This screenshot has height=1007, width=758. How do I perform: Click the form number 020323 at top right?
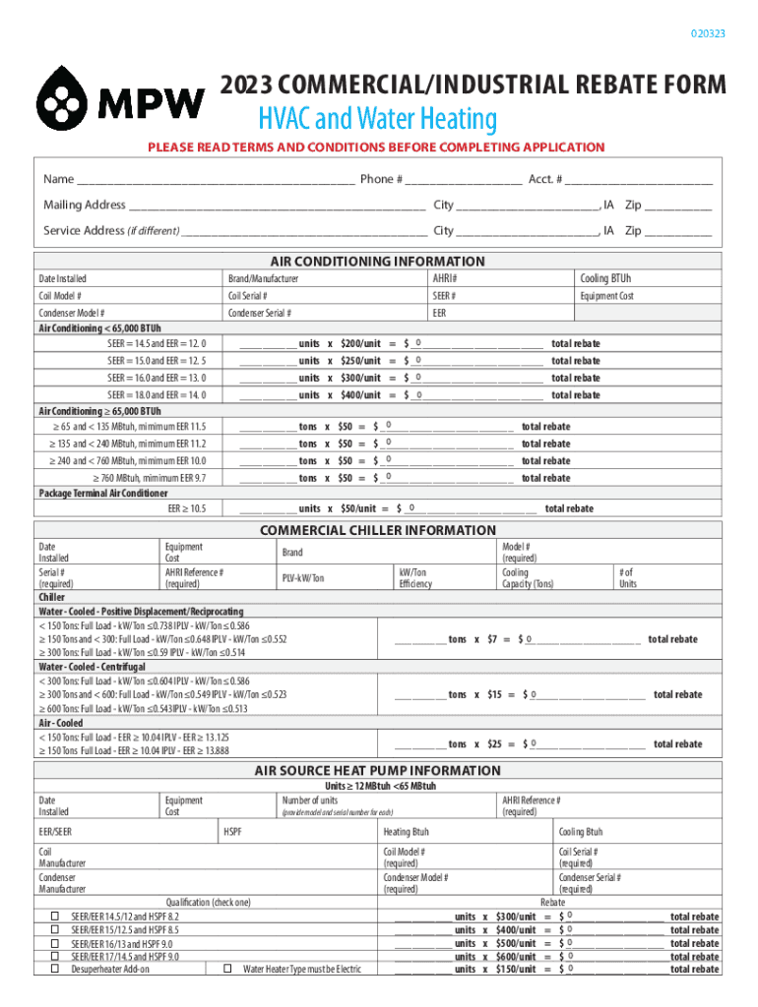pyautogui.click(x=708, y=34)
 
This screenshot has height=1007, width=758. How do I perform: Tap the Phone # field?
pyautogui.click(x=462, y=181)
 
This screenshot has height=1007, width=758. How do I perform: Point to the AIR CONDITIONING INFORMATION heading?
pyautogui.click(x=378, y=262)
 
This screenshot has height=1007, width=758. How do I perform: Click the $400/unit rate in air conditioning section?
pyautogui.click(x=360, y=395)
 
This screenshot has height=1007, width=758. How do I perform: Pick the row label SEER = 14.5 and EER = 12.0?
pyautogui.click(x=157, y=344)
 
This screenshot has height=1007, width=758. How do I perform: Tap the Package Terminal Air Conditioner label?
pyautogui.click(x=103, y=494)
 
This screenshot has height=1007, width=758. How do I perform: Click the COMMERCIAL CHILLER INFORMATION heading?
pyautogui.click(x=378, y=531)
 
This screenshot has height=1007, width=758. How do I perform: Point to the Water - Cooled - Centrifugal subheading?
pyautogui.click(x=93, y=667)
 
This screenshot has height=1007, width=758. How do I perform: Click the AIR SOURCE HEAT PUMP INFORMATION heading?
pyautogui.click(x=378, y=771)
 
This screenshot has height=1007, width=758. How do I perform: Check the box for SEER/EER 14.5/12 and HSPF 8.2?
pyautogui.click(x=55, y=917)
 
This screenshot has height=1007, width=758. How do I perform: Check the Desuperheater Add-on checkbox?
pyautogui.click(x=55, y=970)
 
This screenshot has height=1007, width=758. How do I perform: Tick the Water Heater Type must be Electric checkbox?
pyautogui.click(x=227, y=970)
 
